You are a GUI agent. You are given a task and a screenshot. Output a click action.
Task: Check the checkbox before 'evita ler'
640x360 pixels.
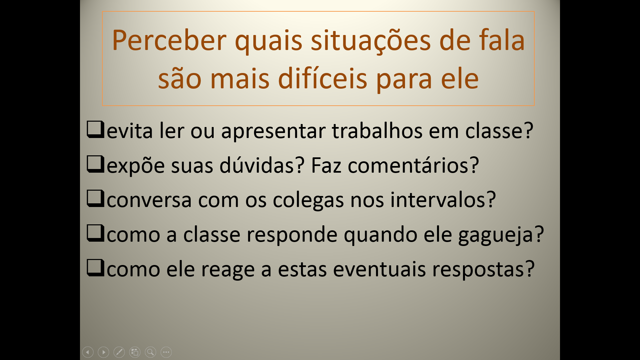[96, 129]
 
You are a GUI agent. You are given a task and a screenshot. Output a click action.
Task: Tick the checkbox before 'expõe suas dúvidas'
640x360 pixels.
[96, 164]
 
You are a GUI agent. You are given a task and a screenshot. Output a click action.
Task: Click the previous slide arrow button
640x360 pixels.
[88, 352]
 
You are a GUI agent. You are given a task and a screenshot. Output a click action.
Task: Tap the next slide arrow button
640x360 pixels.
[103, 352]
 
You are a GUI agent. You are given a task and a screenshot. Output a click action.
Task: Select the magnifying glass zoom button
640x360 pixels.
[150, 352]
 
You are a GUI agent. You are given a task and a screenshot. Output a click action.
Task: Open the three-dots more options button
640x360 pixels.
[166, 352]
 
